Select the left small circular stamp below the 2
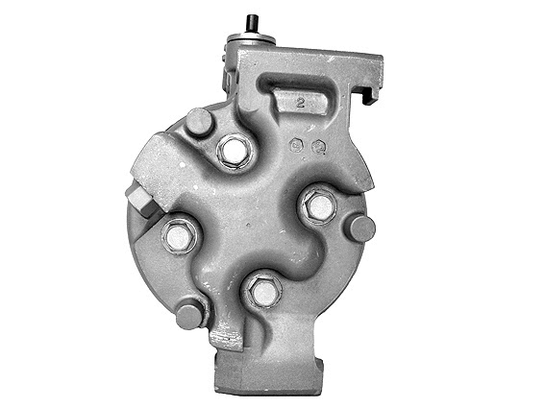coord(298,146)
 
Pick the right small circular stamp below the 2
coord(318,147)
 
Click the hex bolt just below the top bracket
coord(234,151)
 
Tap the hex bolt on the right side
coord(318,205)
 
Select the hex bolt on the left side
coord(180,235)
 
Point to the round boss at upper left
coord(199,122)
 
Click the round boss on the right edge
coord(360,228)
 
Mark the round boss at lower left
coord(190,312)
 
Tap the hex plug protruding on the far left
coord(139,202)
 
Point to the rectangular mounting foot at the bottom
coord(265,374)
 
